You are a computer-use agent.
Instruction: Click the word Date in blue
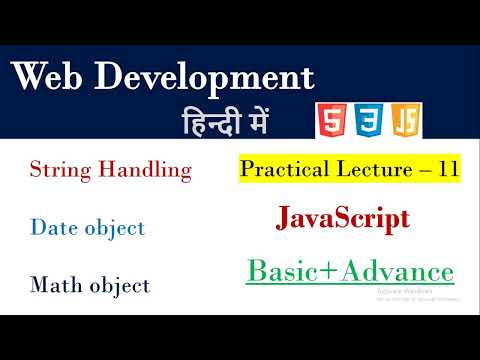coord(53,228)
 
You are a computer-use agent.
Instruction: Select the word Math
coord(55,285)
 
